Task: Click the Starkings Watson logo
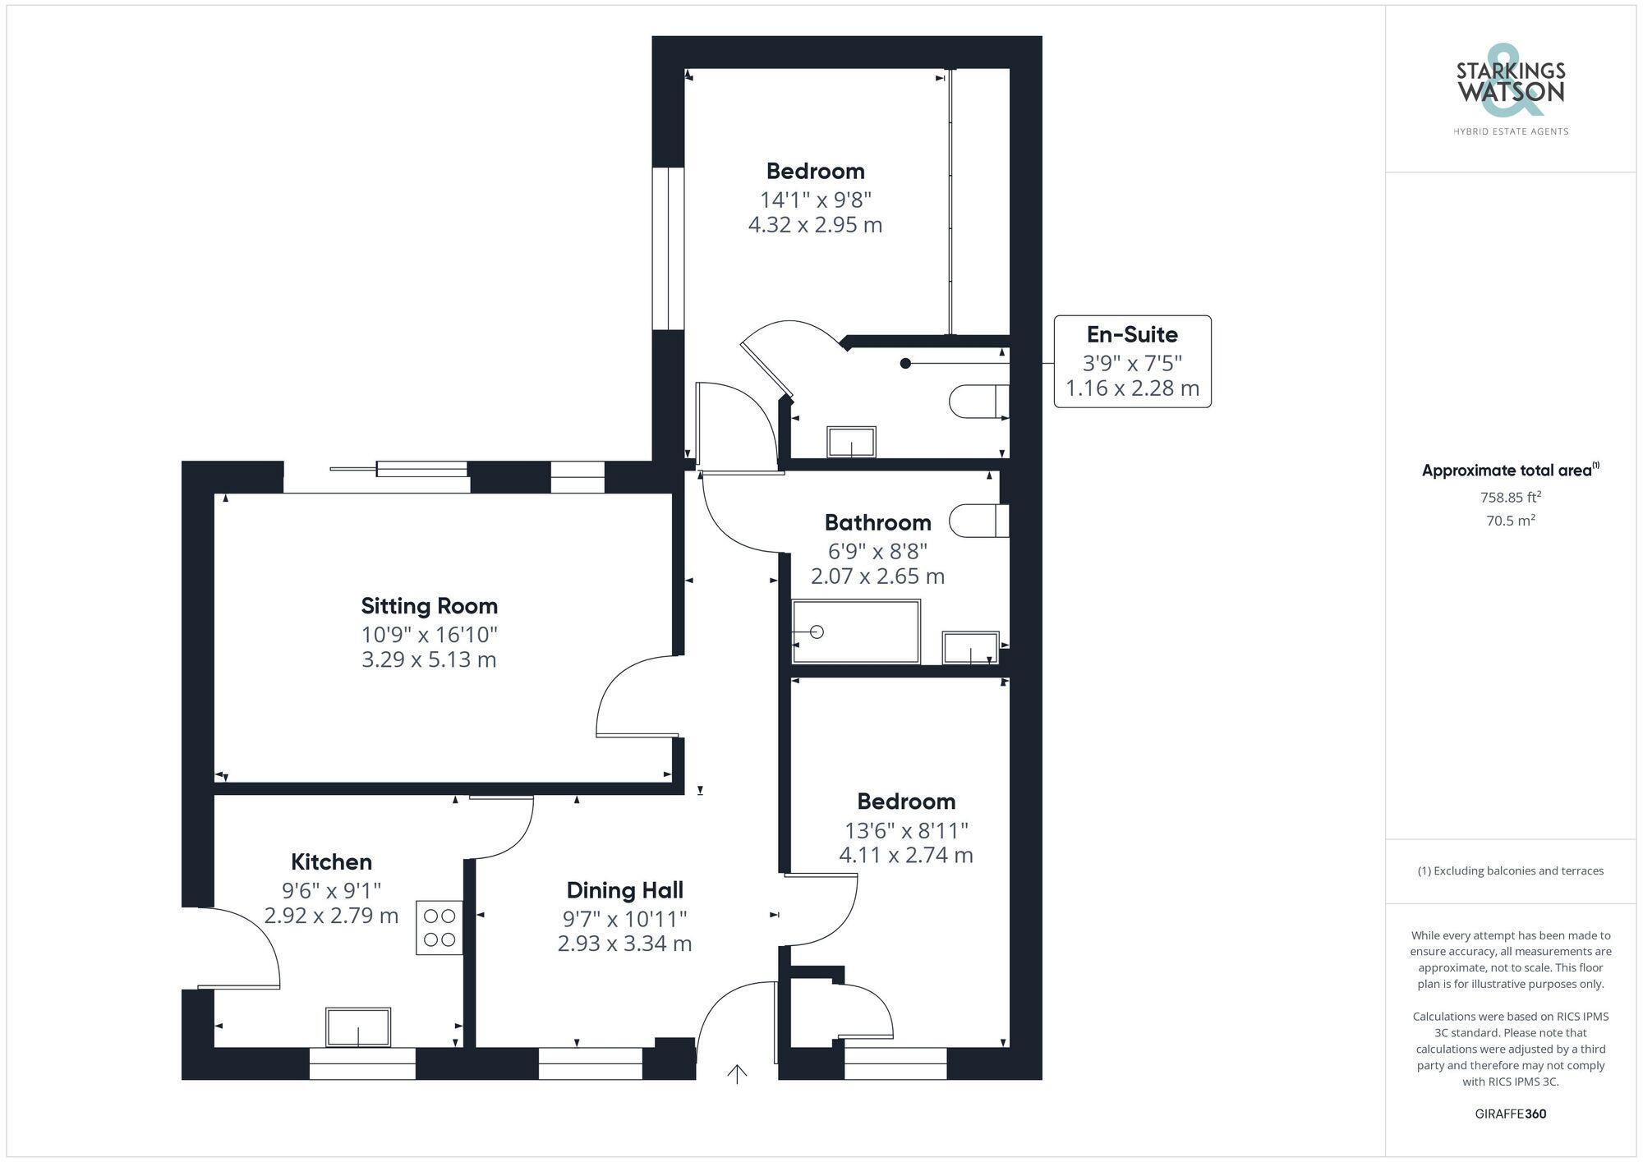click(1510, 90)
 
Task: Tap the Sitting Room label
click(430, 606)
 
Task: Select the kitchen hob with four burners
click(440, 928)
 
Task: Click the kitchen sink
click(358, 1027)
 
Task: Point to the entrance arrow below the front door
click(737, 1074)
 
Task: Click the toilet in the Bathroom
click(978, 521)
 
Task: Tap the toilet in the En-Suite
click(978, 402)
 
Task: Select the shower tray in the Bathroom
click(855, 632)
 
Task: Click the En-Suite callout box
click(1132, 361)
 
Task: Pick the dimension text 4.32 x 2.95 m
click(815, 225)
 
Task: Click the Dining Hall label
click(624, 890)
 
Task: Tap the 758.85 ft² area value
click(1510, 497)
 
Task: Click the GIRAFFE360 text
click(1510, 1114)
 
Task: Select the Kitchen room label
click(331, 861)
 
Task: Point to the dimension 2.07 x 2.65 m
click(877, 576)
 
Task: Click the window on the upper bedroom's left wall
click(668, 249)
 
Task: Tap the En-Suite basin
click(851, 442)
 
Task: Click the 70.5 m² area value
click(1510, 521)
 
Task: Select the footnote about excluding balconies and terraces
click(1510, 871)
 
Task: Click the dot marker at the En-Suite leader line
click(905, 363)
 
